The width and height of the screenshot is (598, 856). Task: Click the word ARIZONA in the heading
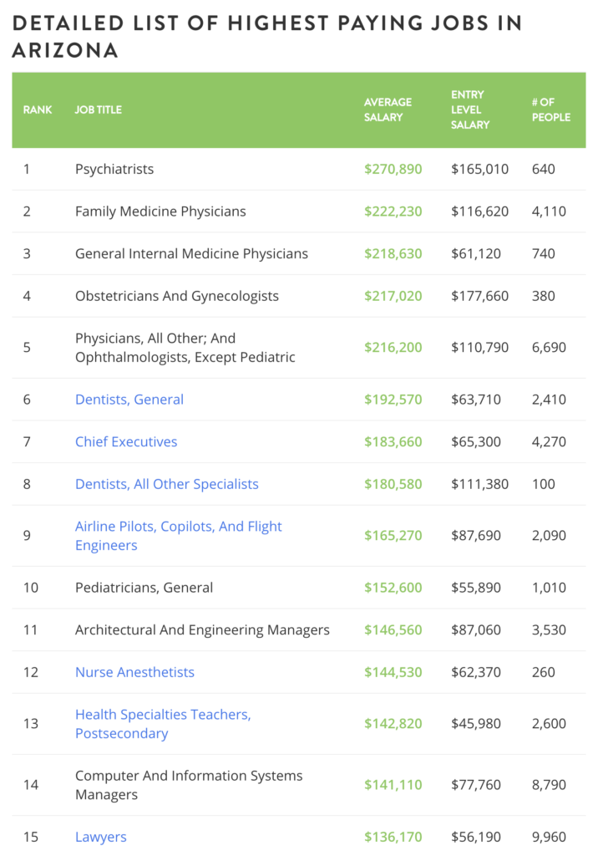coord(65,50)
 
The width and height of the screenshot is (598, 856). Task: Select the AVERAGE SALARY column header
coord(388,110)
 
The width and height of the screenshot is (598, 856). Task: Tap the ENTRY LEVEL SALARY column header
coord(470,110)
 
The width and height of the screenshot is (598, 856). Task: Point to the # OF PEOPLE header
coord(550,110)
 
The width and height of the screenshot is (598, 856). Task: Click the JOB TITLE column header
coord(99,110)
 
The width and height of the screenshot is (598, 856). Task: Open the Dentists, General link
coord(129,400)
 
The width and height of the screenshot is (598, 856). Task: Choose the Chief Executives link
coord(126,441)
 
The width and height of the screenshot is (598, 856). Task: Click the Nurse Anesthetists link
coord(134,672)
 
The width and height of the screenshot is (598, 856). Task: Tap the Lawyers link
coord(101,837)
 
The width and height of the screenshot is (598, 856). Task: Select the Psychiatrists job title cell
coord(114,169)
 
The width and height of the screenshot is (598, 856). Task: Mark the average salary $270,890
coord(393,169)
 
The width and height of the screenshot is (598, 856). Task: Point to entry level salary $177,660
coord(479,296)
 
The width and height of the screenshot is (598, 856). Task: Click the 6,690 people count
coord(549,347)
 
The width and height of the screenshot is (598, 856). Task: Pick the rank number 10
coord(31,588)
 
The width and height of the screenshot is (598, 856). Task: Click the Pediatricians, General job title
coord(144,588)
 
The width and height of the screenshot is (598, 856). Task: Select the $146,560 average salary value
coord(393,630)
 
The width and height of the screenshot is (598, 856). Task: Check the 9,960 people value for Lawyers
coord(549,837)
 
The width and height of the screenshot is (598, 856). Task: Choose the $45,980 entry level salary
coord(476,723)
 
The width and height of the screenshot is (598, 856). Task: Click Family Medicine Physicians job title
coord(160,211)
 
